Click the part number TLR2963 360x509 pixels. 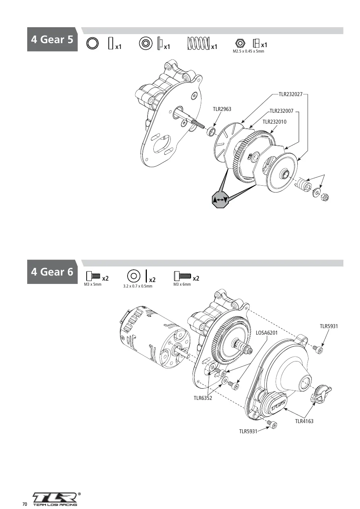222,109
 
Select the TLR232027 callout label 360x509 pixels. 290,94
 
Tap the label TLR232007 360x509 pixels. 281,111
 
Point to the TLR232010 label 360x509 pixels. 274,122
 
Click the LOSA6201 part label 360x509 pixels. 266,333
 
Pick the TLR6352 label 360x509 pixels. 203,398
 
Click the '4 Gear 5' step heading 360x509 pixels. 52,39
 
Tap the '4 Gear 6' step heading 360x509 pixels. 52,272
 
